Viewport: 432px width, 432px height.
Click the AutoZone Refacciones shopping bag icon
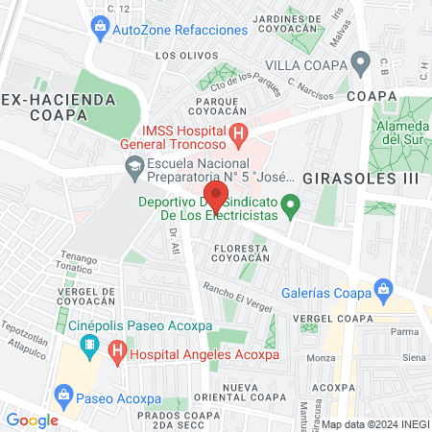tap(100, 30)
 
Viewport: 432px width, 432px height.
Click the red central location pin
tap(217, 198)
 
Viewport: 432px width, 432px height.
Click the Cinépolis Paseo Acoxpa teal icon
tap(89, 343)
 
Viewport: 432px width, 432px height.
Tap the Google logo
tap(32, 420)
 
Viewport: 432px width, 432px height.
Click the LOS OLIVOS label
tap(180, 55)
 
